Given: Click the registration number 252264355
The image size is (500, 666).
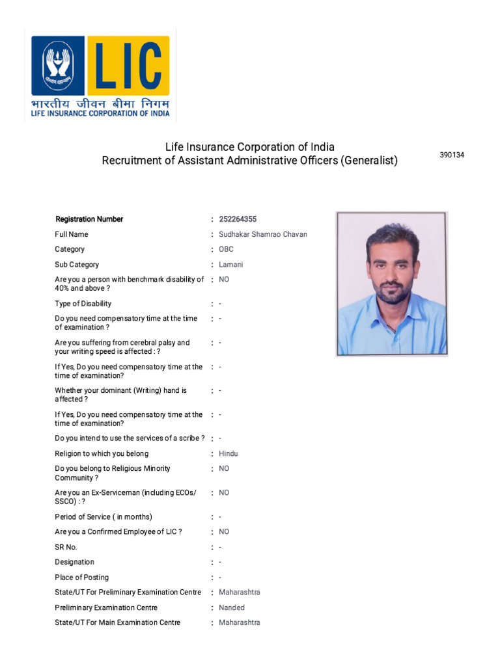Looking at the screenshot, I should point(238,219).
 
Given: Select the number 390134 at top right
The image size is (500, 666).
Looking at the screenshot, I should point(452,155).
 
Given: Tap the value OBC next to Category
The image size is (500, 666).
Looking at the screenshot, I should point(226,249).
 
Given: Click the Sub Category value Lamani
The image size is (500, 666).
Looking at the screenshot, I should point(230,265).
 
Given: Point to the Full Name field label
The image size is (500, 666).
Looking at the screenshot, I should point(72,234).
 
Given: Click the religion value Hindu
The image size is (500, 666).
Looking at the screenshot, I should point(229,453).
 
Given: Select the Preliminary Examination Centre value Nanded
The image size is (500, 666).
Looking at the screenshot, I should point(232,607).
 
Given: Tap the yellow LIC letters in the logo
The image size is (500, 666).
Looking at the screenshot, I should point(128,66).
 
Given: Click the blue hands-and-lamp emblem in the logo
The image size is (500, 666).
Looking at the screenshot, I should point(59,65).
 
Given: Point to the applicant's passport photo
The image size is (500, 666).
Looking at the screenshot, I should point(391,284).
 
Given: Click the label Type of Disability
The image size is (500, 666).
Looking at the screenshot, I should point(83,304).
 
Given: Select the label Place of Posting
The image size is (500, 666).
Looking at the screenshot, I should point(82,578).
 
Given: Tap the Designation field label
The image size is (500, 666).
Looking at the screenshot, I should point(74,562).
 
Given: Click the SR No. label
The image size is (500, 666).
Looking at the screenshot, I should point(66,547).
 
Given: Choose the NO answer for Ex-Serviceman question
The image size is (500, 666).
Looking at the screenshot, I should point(224,493).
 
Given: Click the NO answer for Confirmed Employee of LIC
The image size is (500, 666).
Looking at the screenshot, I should point(224,531).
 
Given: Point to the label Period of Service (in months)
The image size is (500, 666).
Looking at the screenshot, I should point(104,517).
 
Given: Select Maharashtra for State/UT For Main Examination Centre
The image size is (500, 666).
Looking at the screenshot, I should point(239,622).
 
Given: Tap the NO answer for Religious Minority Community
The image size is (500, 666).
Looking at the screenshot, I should point(224,468).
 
